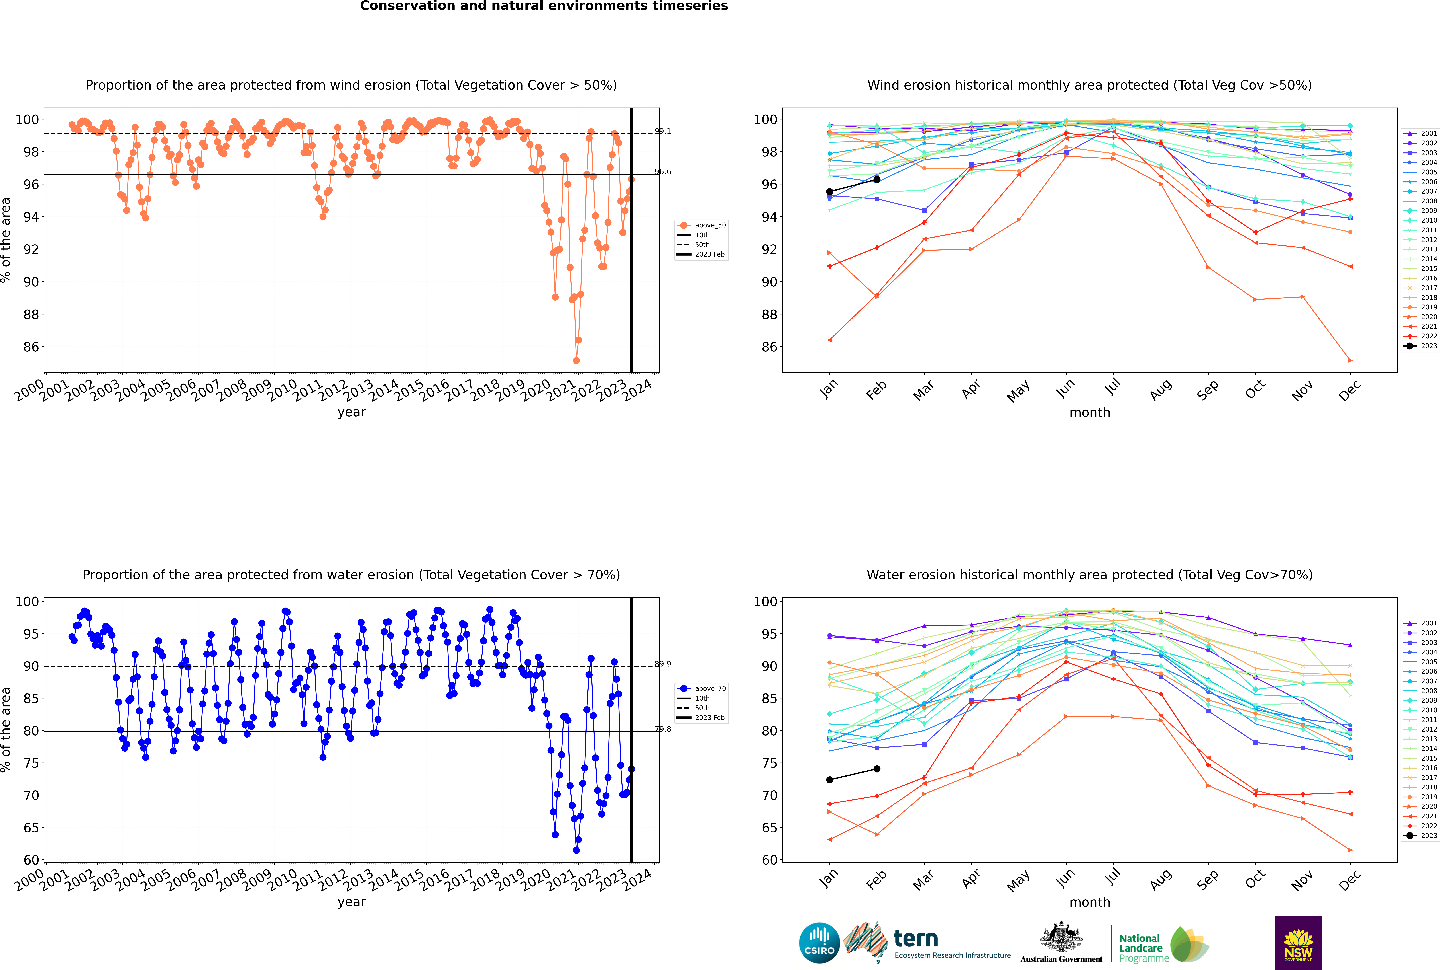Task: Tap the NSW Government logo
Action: point(1298,942)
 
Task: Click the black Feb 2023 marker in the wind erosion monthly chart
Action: point(877,179)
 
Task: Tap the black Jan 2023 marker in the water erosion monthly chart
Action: point(830,779)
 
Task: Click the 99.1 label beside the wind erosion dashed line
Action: point(662,131)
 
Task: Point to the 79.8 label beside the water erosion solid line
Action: point(662,729)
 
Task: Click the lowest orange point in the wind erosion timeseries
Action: point(576,360)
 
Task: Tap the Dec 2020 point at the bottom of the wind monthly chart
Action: point(1350,360)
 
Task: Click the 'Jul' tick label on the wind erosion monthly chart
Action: point(1112,387)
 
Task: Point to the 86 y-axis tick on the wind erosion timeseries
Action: point(31,347)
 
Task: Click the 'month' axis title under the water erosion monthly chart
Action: point(1090,902)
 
